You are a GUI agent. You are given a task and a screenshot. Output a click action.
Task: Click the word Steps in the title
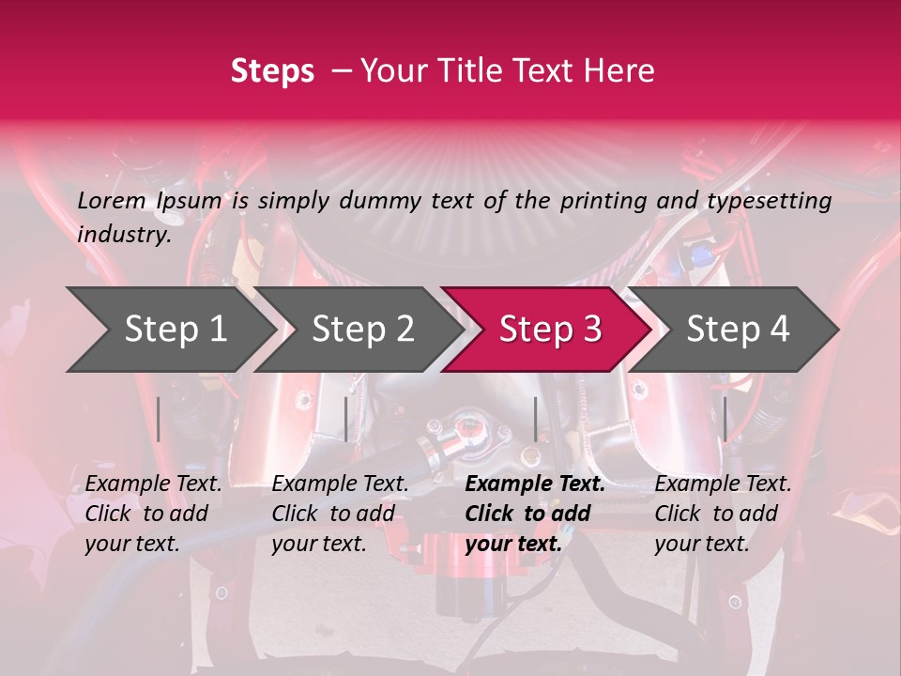coord(272,71)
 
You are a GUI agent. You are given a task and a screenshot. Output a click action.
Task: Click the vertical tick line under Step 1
coord(159,419)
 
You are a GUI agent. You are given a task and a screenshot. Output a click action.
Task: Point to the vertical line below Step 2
coord(346,419)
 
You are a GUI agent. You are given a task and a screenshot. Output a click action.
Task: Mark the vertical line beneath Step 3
coord(535,419)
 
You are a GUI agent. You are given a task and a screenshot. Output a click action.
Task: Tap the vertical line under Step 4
coord(725,419)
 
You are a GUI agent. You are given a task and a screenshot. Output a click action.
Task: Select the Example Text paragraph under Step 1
coord(153,514)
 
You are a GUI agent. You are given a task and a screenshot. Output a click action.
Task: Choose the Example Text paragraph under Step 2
coord(340,514)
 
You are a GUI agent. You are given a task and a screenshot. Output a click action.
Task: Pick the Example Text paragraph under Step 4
coord(723,514)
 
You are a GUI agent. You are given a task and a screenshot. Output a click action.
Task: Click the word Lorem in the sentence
coord(112,200)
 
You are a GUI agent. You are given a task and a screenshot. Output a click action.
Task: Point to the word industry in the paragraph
coord(123,235)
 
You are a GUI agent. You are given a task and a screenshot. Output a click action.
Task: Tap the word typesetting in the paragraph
coord(771,200)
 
